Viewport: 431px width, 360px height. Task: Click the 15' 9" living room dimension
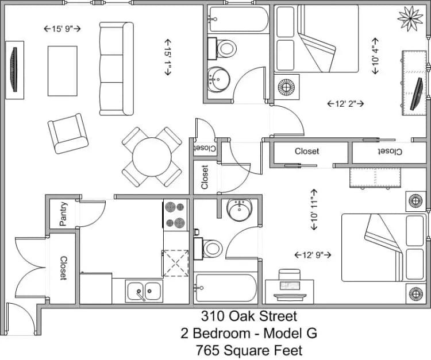(63, 28)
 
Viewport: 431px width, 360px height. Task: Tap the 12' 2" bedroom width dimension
(345, 104)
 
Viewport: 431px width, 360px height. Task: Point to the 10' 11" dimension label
(314, 209)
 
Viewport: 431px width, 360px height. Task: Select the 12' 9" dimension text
(313, 254)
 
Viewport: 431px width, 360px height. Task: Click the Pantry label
(63, 214)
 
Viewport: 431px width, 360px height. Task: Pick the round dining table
(151, 156)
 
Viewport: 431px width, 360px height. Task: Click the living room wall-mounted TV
(14, 69)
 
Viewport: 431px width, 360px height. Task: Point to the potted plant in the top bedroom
(410, 18)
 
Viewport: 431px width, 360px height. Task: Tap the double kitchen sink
(144, 291)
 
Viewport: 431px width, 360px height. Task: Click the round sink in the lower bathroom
(237, 210)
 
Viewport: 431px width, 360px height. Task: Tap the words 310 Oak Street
(249, 316)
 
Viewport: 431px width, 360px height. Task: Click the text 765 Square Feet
(249, 350)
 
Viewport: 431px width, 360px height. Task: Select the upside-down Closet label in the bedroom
(389, 152)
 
